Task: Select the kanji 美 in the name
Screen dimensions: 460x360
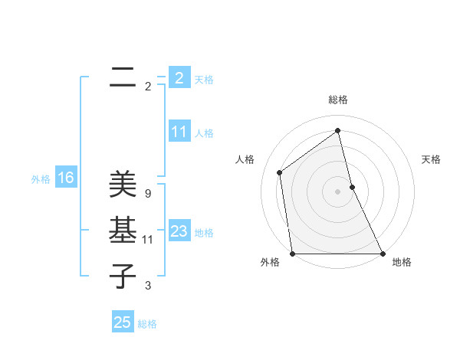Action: [x=122, y=185]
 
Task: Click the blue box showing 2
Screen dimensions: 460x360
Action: [x=179, y=78]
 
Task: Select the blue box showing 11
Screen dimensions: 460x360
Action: [x=179, y=132]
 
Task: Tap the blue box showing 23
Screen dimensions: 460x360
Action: [x=179, y=231]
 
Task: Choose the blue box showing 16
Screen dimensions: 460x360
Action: [x=65, y=178]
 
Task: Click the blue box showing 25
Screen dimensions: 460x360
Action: [x=123, y=322]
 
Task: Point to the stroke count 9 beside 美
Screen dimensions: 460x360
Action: [x=147, y=194]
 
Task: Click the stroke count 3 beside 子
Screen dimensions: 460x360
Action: [x=147, y=286]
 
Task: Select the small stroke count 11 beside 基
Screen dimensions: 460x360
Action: [x=147, y=240]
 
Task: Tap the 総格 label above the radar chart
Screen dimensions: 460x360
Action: [x=338, y=100]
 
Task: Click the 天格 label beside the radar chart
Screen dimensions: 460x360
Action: [x=431, y=159]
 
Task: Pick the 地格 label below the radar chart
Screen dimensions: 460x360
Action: [x=402, y=262]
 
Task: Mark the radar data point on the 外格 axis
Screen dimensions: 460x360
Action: [x=293, y=254]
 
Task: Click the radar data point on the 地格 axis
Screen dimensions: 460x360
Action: [x=383, y=254]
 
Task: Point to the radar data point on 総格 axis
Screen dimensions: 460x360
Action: [x=337, y=130]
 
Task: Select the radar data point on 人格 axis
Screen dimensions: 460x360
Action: [x=280, y=172]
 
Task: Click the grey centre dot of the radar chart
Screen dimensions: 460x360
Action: [x=337, y=191]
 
